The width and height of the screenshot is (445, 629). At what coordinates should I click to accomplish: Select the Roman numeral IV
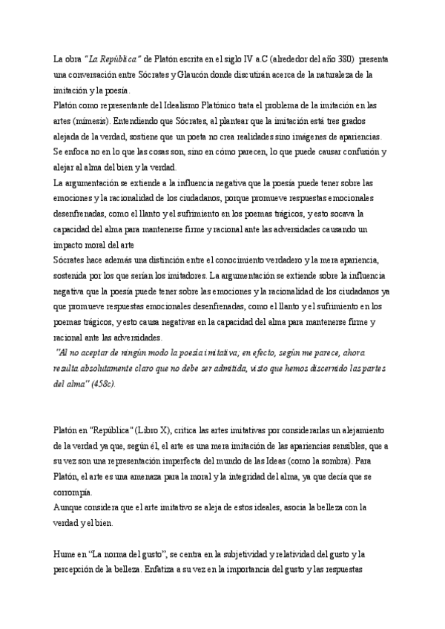coord(235,59)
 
